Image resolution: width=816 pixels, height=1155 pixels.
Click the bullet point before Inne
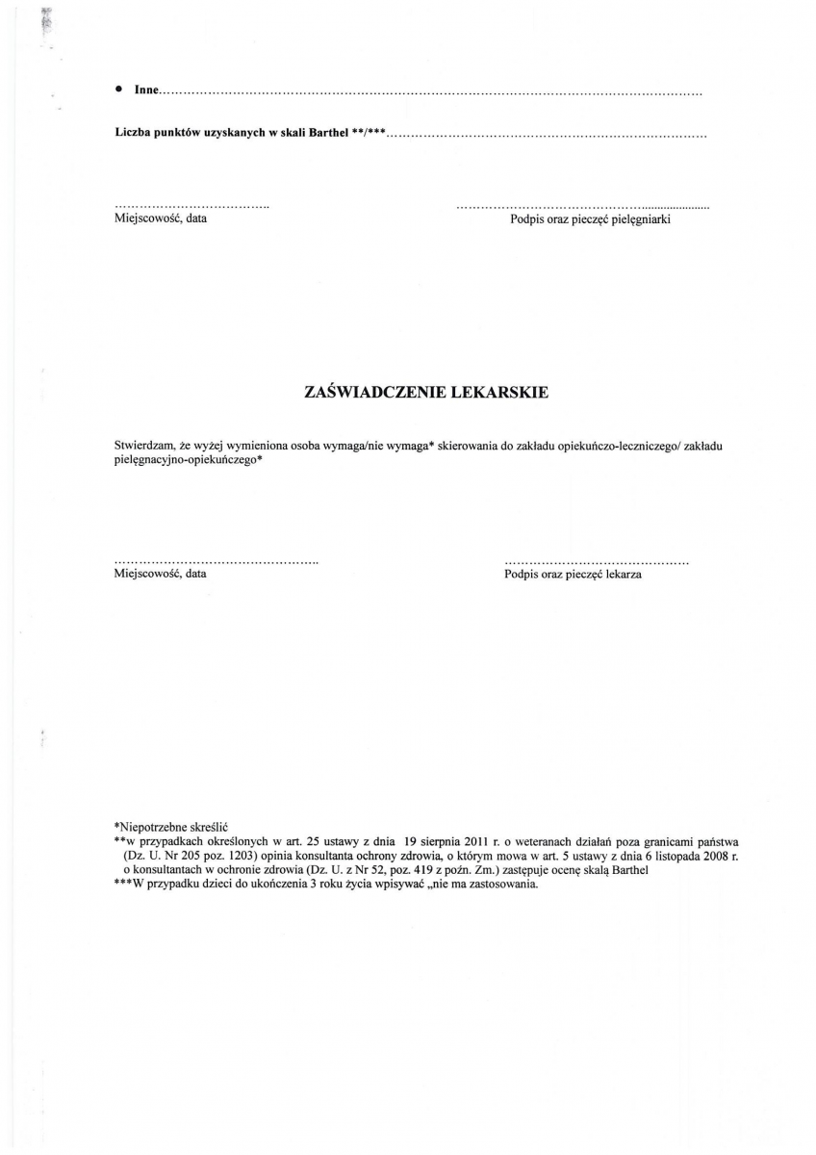point(118,89)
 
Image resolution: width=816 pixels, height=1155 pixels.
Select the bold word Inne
point(145,90)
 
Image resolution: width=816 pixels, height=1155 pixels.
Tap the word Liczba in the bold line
point(133,134)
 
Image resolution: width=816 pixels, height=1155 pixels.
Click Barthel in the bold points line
point(330,134)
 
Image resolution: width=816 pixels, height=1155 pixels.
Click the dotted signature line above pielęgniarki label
point(582,207)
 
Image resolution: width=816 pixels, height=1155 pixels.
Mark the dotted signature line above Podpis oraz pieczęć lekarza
point(596,561)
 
